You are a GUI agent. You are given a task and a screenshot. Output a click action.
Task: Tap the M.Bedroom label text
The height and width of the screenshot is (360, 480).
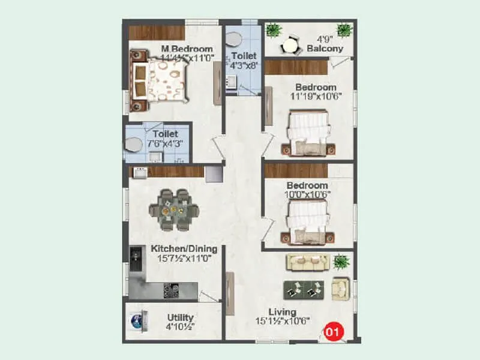coord(187,49)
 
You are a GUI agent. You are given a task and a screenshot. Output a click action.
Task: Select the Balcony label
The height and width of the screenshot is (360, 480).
coord(325,49)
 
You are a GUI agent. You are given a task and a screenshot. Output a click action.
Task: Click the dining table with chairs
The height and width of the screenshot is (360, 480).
coord(174,209)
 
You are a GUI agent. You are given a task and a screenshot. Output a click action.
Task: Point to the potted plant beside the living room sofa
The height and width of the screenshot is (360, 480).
coord(341,262)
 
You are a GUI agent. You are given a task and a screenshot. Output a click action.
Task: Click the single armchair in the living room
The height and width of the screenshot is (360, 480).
coord(341,289)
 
